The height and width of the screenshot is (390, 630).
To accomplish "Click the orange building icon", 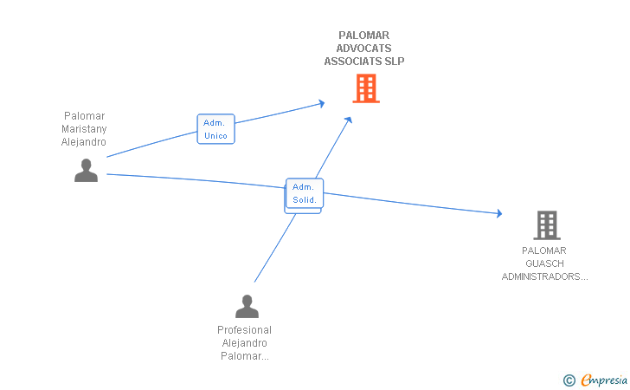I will [365, 88].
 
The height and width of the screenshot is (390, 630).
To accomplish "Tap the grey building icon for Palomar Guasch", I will [546, 225].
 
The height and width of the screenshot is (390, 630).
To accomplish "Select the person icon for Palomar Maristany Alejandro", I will [86, 171].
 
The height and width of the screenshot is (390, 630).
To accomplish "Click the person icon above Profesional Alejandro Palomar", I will [247, 307].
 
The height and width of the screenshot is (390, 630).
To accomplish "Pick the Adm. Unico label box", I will [215, 129].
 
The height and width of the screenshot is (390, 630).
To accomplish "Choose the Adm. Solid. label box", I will [305, 193].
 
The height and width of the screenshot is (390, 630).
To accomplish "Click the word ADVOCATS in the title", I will [364, 49].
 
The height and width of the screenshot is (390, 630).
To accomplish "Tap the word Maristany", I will [84, 128].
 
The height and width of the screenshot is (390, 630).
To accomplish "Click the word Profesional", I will [244, 330].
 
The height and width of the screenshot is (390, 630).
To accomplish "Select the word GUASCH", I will [544, 263].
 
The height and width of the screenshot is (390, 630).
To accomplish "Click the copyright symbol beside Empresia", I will [569, 380].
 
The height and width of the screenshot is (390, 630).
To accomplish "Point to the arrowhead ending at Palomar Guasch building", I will [498, 213].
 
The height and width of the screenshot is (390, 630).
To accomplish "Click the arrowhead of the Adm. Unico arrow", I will [321, 103].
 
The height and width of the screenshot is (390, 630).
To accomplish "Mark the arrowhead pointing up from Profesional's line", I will [349, 120].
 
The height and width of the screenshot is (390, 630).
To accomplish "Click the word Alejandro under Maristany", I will [84, 141].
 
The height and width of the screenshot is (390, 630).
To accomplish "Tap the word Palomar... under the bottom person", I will [245, 356].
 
